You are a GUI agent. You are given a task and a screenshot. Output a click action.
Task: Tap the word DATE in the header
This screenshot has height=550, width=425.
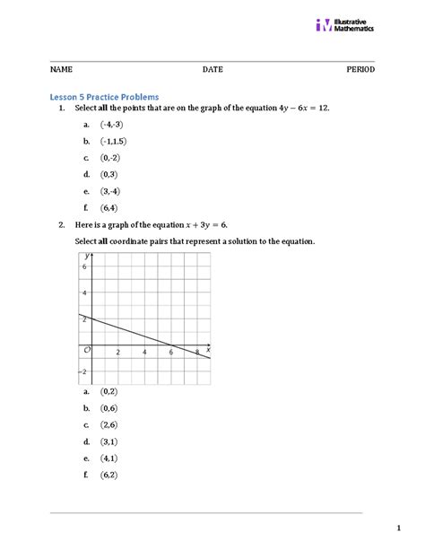(x=212, y=69)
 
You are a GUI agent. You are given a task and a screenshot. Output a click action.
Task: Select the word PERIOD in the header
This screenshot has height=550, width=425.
(x=360, y=69)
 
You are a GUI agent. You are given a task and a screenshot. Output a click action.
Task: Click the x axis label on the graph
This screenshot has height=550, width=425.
(x=207, y=348)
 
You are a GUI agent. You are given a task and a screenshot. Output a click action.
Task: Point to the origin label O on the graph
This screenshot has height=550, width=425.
(x=87, y=349)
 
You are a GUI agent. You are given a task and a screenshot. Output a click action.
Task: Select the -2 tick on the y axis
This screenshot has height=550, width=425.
(x=84, y=371)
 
